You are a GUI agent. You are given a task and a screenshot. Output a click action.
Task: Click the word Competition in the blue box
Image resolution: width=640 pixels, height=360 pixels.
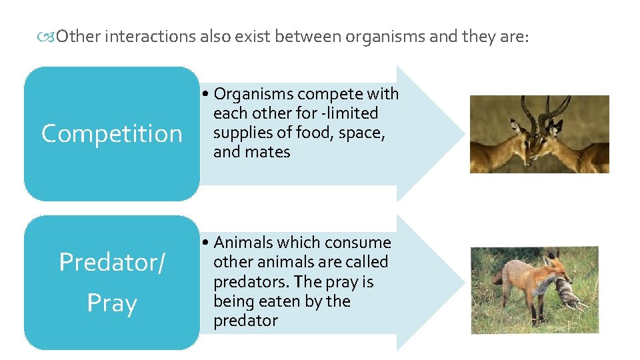pos(111,134)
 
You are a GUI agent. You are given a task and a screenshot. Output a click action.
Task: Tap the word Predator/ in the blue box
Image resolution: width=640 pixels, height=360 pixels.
pos(111,263)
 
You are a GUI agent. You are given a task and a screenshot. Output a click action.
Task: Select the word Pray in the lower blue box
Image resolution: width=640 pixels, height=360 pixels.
pos(111,303)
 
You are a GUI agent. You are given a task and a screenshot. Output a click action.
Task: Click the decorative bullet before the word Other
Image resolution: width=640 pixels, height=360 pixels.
pos(46,37)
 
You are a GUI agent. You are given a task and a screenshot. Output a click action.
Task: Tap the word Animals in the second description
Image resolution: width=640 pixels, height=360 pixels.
pos(243,243)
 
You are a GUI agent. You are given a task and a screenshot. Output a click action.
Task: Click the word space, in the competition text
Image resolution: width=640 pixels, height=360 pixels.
pos(363,133)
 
